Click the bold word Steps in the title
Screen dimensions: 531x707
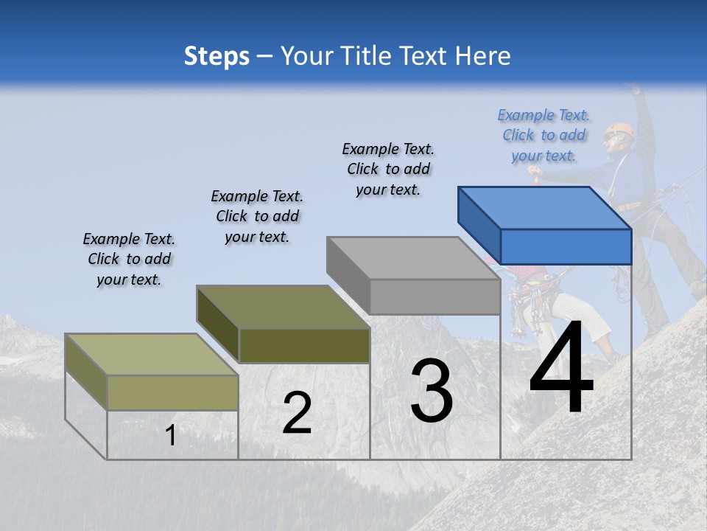tap(217, 56)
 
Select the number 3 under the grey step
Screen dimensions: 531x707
tap(432, 390)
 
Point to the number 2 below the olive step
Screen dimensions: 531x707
tap(297, 413)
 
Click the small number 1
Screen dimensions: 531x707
tap(170, 436)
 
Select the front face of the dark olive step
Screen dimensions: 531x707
tap(304, 345)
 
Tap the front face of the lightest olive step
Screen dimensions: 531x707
tap(173, 392)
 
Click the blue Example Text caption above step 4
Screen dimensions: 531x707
tap(544, 135)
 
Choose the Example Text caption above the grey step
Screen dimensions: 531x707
tap(388, 169)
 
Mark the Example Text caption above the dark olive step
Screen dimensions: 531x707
tap(257, 216)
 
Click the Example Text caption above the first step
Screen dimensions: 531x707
tap(129, 259)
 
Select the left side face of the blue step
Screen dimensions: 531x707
tap(479, 225)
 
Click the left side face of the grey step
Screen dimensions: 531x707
tap(348, 274)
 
